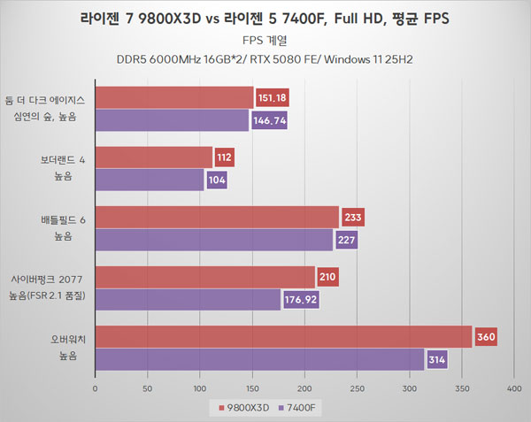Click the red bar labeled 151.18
173,97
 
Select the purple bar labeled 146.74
172,119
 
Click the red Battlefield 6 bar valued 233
216,217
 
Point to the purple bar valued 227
213,239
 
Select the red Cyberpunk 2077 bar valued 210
204,277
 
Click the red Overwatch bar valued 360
283,336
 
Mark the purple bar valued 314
259,359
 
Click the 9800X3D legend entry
238,407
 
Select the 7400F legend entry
298,407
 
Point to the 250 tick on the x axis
357,387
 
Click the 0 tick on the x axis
95,387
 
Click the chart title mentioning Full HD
265,18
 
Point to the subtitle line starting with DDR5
265,60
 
